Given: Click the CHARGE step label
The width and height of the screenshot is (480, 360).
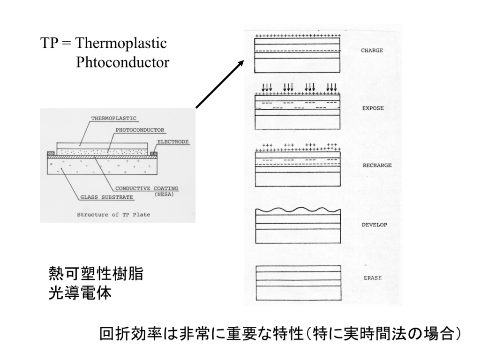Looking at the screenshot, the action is coord(372,51).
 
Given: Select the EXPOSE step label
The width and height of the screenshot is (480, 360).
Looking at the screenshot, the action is coord(373,108).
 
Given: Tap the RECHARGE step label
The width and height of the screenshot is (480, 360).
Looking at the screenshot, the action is coord(377,165).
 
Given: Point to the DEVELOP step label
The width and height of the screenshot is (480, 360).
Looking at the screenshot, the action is coord(375,225).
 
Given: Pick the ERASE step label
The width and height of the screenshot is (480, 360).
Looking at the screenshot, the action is coord(373,278).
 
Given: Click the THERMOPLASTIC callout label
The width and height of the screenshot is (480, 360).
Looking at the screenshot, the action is coord(114,119).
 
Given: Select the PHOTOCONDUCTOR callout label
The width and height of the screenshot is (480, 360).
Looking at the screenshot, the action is coord(140,130).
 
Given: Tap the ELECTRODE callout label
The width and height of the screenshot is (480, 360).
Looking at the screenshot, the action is coord(173,142).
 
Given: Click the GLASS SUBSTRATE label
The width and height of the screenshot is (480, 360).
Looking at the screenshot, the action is coord(106,197).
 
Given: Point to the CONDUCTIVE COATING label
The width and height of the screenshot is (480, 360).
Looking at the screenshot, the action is coord(147,188).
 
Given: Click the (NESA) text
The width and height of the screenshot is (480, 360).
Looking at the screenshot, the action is coord(164,195).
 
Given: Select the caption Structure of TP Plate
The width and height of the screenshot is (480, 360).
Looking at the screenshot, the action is coord(113,215).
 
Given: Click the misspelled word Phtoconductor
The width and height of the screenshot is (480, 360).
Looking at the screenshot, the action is coord(122,62).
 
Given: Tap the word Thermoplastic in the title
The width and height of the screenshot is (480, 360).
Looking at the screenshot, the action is coord(121,43).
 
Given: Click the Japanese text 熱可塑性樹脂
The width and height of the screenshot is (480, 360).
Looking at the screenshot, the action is coord(96,273).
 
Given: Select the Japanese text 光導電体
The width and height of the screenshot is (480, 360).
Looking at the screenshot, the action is coord(80,292).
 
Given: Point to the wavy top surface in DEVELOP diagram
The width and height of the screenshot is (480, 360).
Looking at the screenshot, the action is coord(298,211).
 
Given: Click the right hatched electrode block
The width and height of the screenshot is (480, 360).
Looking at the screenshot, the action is coord(154,153).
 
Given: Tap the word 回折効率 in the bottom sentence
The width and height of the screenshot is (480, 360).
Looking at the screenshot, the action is coord(130,334).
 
